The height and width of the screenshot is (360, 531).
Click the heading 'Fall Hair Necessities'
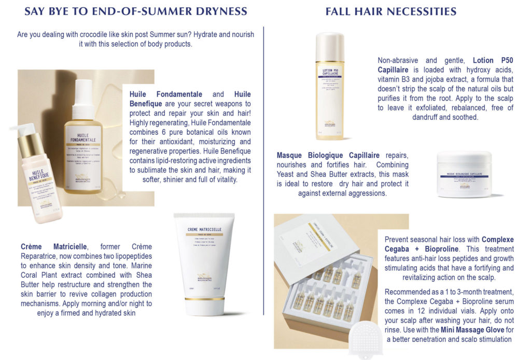pos(390,11)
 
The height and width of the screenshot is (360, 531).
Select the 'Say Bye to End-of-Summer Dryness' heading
pos(136,11)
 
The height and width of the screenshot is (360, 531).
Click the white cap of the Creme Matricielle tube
pos(206,306)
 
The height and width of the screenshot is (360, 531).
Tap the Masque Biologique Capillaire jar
pos(464,174)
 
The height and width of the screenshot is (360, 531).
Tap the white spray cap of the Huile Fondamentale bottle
pos(85,93)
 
